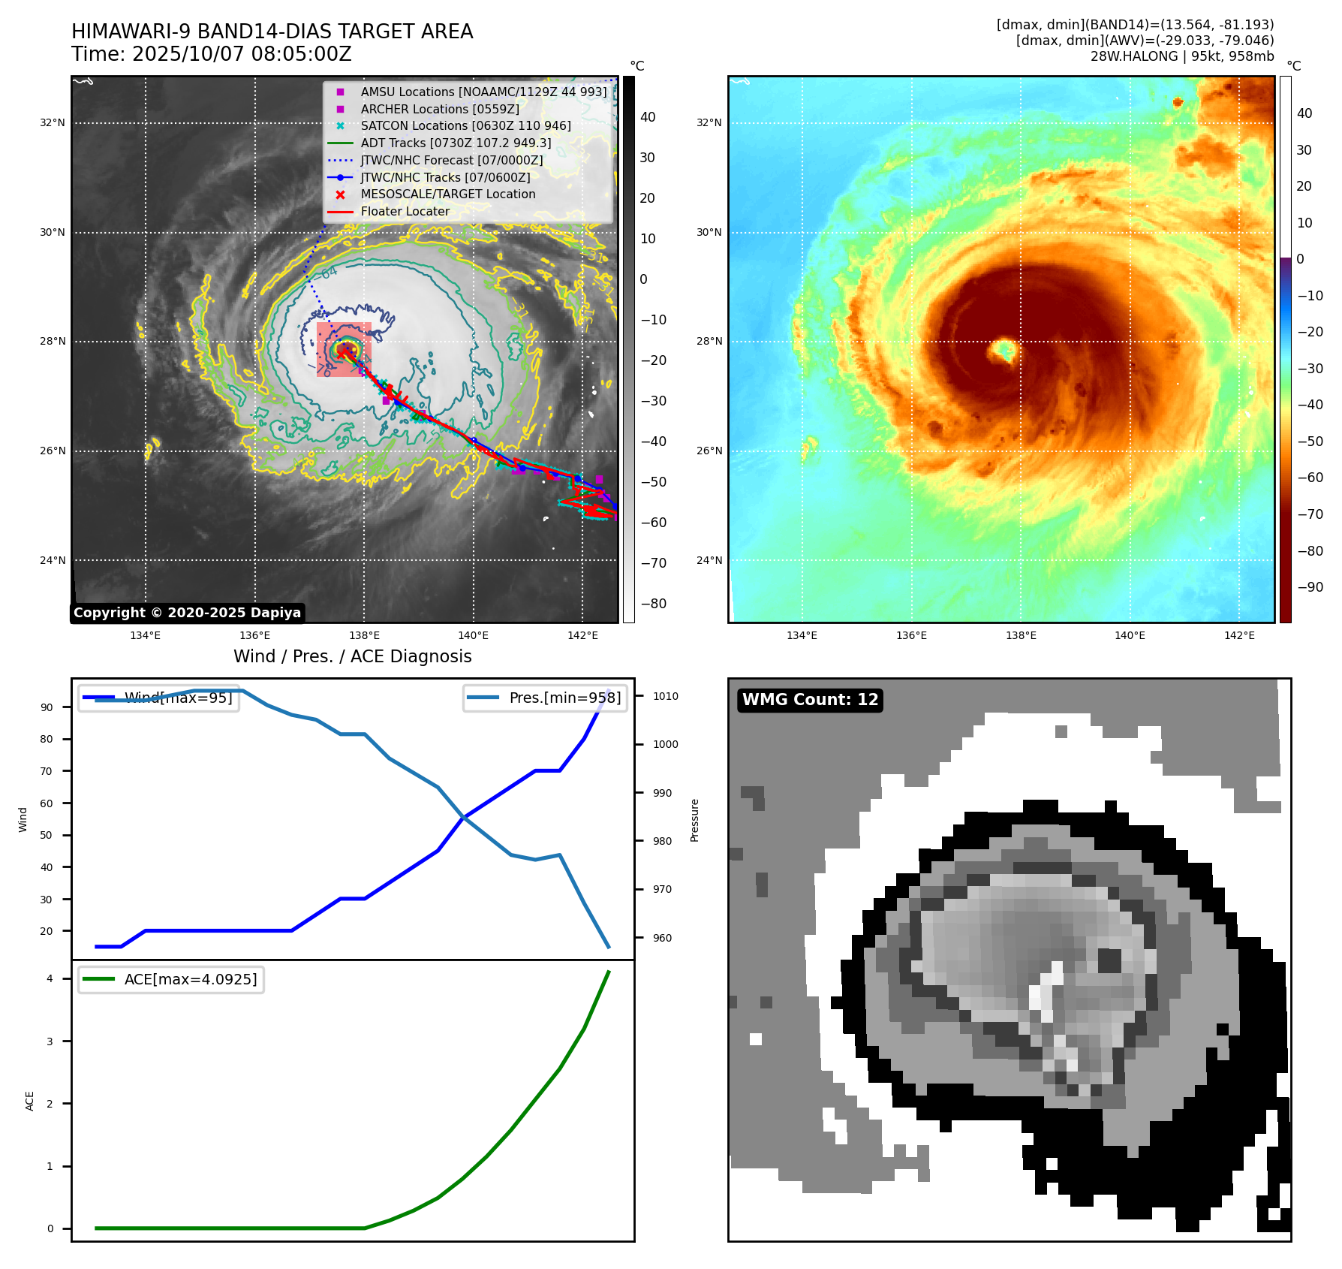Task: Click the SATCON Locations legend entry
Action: pos(465,126)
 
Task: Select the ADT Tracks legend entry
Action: pos(456,143)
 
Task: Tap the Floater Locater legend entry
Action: pos(405,212)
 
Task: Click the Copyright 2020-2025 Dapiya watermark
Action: pos(187,613)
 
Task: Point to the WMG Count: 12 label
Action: pos(810,700)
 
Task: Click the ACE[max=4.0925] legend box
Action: pos(171,979)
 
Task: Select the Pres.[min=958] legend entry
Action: pos(545,698)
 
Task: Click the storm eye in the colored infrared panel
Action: pos(1003,350)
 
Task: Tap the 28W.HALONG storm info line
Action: pos(1181,56)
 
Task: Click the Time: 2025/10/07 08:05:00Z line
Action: pos(212,54)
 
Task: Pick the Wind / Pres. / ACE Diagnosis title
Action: pos(353,656)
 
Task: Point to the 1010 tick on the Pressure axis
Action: pos(665,696)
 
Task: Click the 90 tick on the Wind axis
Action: pos(47,707)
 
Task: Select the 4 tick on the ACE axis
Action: pos(50,978)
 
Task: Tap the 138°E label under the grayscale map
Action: pos(364,635)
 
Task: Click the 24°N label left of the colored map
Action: pos(709,560)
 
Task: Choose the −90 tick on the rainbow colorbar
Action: pos(1310,587)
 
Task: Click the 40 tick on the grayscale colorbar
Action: pos(648,117)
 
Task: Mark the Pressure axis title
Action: pos(695,820)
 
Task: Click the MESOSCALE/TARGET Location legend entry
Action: pos(448,194)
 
